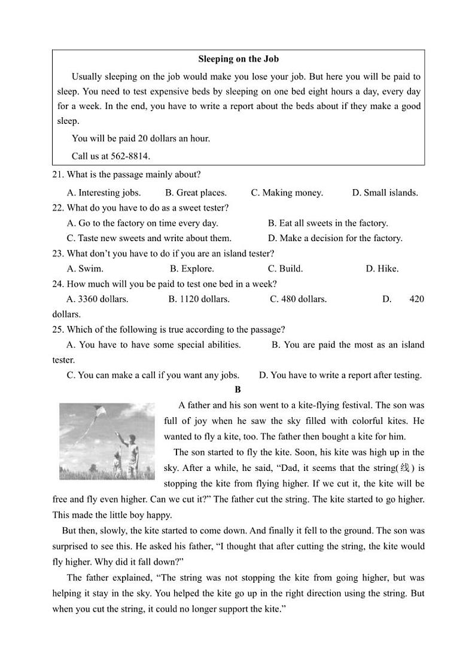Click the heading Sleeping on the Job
[238, 59]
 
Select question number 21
[58, 175]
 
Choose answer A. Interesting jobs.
[104, 193]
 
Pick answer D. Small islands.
[385, 193]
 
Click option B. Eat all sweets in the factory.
[328, 223]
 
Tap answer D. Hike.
[382, 269]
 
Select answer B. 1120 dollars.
[199, 299]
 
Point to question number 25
[58, 330]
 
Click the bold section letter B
[237, 390]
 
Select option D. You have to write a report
[340, 375]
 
